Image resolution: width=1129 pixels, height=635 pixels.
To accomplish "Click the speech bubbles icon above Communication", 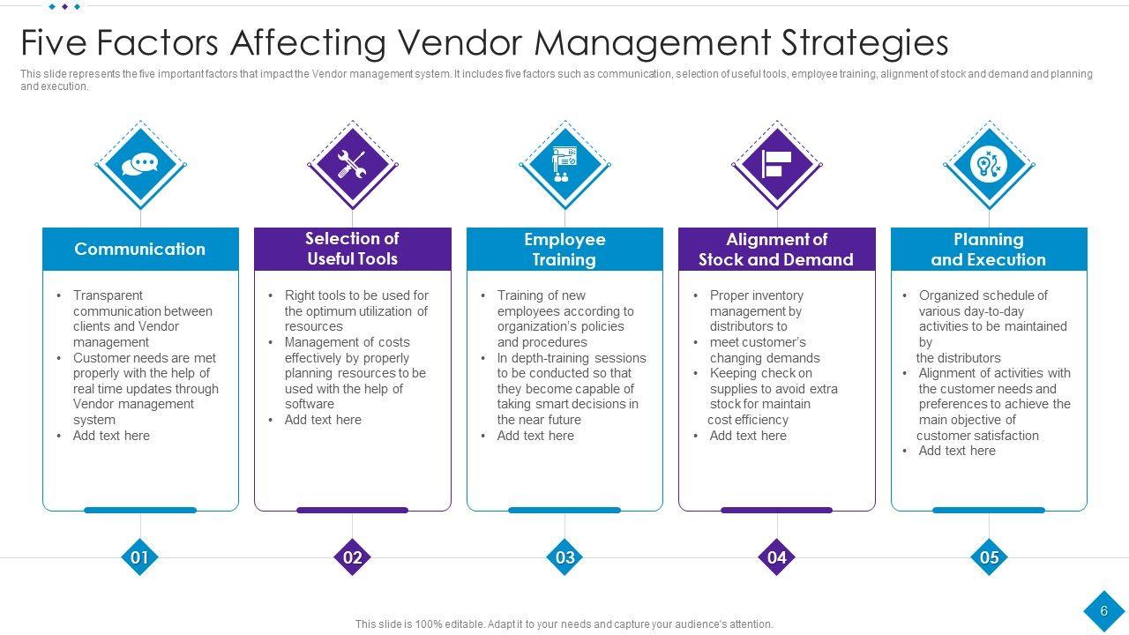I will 140,165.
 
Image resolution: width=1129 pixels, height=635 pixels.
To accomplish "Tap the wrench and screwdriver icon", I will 352,165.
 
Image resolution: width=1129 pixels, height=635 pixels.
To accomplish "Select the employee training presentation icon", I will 564,165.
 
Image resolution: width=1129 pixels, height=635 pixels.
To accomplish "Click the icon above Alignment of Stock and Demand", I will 777,165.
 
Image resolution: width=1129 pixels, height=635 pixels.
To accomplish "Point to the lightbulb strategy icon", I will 989,165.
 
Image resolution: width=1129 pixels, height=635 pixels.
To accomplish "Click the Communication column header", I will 140,249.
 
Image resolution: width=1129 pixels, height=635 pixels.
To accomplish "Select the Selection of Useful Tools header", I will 352,249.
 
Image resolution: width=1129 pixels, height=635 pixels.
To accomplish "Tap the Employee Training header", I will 564,250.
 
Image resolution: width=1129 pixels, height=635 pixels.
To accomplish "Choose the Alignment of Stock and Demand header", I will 776,250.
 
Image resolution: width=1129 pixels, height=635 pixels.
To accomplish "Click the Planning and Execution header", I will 989,250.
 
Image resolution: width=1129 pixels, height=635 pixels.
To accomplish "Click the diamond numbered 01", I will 139,557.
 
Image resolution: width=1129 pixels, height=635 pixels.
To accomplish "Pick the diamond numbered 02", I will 352,557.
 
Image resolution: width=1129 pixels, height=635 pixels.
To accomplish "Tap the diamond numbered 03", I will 564,557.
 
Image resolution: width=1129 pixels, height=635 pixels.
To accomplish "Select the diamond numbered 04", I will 777,557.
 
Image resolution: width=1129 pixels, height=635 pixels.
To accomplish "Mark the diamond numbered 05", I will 989,557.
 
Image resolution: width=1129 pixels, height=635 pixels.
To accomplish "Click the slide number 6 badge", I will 1103,611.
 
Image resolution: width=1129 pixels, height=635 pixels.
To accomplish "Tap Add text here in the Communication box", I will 111,436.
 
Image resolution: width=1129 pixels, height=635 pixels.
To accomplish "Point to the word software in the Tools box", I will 309,404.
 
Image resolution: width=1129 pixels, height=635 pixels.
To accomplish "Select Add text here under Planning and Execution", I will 957,451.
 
